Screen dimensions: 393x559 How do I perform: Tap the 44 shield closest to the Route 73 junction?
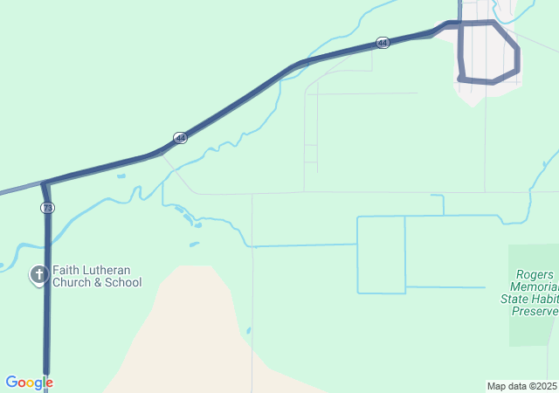click(x=180, y=138)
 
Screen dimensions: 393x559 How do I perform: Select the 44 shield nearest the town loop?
click(x=383, y=42)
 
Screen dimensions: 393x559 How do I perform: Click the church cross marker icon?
click(x=38, y=276)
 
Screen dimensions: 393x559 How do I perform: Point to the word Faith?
click(x=66, y=271)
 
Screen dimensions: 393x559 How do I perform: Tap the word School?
click(x=123, y=283)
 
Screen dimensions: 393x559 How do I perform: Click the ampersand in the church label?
click(x=99, y=283)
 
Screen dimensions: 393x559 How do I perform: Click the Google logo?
click(x=29, y=383)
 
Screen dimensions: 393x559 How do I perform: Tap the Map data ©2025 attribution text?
click(x=521, y=386)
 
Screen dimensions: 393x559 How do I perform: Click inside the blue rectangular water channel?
click(x=381, y=254)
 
